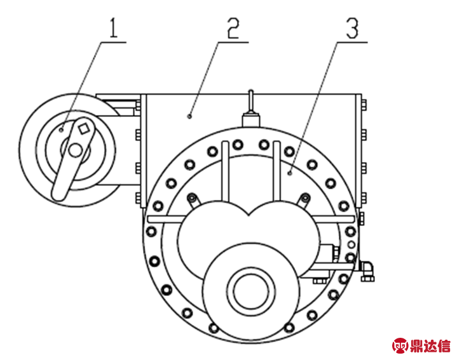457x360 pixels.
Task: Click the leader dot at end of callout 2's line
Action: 190,116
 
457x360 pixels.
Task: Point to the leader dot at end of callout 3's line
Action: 290,171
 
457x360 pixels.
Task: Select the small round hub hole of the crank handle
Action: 75,151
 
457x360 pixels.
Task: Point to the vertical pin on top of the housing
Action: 252,102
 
